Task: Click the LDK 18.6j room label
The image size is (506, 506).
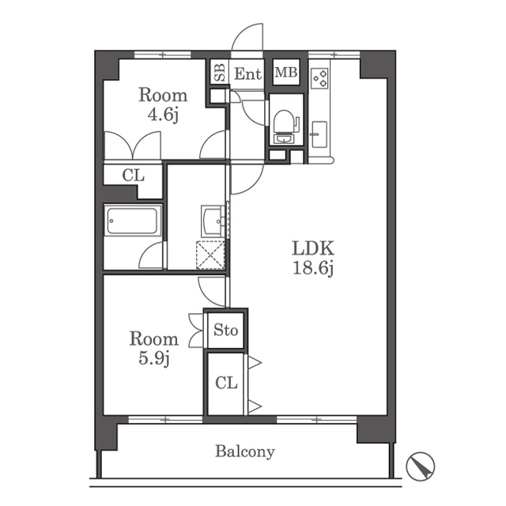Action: (313, 259)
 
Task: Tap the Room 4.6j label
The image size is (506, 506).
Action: (163, 105)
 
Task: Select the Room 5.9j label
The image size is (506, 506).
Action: (154, 349)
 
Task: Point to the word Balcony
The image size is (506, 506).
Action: (245, 451)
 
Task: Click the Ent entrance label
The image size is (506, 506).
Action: (247, 74)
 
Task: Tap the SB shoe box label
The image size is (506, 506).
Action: (220, 72)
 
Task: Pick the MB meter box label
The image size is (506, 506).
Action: (286, 72)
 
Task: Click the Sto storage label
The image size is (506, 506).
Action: (226, 330)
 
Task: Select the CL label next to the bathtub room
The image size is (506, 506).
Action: (133, 176)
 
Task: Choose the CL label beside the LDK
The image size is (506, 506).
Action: (226, 383)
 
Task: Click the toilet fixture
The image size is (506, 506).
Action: (286, 126)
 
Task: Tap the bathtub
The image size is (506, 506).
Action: (132, 221)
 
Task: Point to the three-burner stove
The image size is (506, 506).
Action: (319, 78)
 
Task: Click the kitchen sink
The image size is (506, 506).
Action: (319, 134)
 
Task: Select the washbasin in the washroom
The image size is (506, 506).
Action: (213, 221)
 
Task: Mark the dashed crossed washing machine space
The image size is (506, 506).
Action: (210, 255)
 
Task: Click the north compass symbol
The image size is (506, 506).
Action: (421, 466)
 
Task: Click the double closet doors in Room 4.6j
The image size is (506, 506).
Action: (133, 145)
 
